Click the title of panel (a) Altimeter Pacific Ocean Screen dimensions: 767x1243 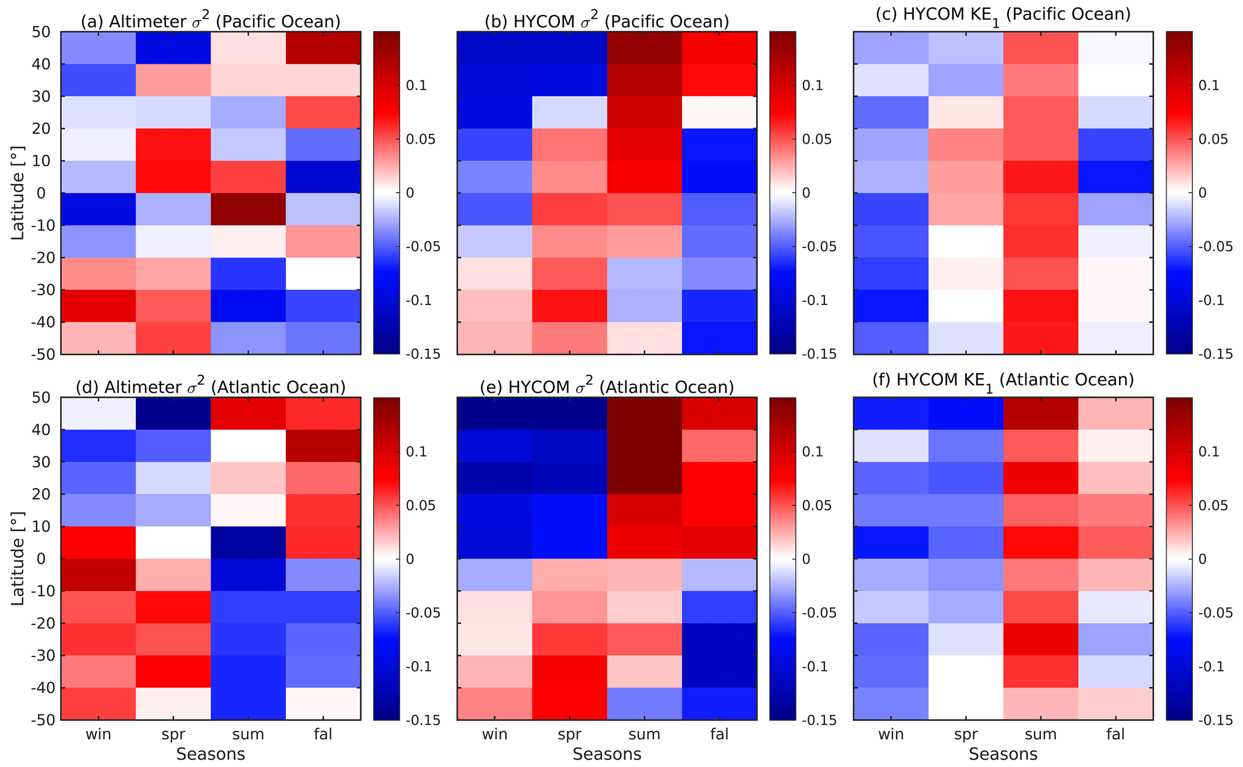coord(210,21)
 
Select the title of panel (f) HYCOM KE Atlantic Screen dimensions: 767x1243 coord(1003,380)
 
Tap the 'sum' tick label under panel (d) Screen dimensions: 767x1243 coord(248,734)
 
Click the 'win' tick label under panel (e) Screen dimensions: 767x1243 coord(494,734)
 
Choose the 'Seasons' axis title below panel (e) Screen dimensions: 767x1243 coord(607,754)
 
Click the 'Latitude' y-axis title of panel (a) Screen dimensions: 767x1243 coord(18,193)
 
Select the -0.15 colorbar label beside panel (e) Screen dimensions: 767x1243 coord(819,720)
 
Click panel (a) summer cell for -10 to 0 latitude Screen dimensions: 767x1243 coord(248,209)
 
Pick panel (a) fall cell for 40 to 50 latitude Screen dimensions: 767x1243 coord(323,48)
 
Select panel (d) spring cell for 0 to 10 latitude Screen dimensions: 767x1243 coord(173,543)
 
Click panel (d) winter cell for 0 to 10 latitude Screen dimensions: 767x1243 coord(98,543)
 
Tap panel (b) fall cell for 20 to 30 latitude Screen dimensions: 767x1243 coord(719,112)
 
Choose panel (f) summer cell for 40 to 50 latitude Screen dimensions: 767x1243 coord(1040,413)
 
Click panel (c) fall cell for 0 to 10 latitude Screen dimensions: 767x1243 coord(1116,177)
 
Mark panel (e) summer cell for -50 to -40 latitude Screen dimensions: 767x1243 coord(644,704)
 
